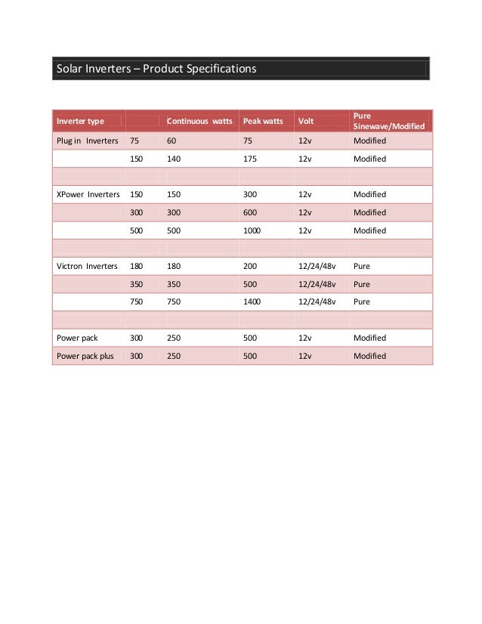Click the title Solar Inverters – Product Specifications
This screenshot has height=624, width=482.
tap(156, 69)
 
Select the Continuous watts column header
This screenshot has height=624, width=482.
tap(199, 121)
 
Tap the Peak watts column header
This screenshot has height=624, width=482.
tap(263, 121)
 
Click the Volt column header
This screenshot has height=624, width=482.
tap(306, 121)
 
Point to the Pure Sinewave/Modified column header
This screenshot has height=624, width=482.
tap(389, 121)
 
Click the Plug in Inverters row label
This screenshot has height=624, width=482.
tap(86, 141)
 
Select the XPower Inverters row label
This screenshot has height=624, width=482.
tap(88, 194)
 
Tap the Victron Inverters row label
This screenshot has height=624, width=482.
tap(88, 266)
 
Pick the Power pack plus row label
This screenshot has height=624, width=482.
tap(85, 356)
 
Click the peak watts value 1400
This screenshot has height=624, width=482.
tap(252, 302)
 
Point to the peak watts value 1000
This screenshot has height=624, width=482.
tap(252, 230)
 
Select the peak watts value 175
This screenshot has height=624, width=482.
tap(250, 159)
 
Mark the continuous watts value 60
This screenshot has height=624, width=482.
tap(171, 141)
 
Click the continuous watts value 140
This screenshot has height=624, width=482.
tap(174, 159)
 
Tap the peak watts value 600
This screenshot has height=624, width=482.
tap(250, 212)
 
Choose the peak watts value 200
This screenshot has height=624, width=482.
tap(250, 266)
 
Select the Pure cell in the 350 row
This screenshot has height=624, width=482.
tap(362, 284)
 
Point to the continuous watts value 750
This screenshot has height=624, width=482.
tap(174, 302)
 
